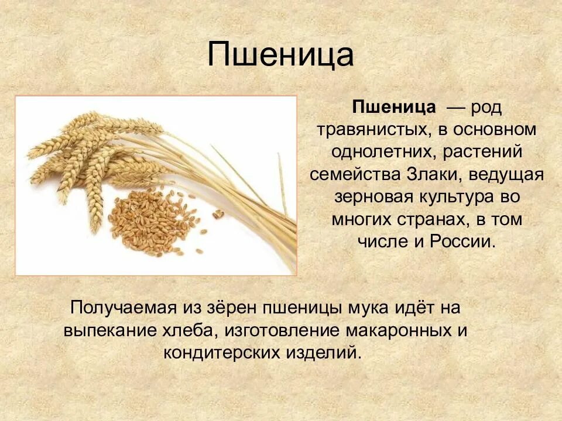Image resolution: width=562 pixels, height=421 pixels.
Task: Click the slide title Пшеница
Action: (x=281, y=56)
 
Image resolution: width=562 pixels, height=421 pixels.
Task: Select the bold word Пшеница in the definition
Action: (x=393, y=107)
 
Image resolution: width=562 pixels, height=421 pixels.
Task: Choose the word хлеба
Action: (x=187, y=330)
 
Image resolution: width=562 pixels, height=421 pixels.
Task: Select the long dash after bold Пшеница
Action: (x=456, y=108)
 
